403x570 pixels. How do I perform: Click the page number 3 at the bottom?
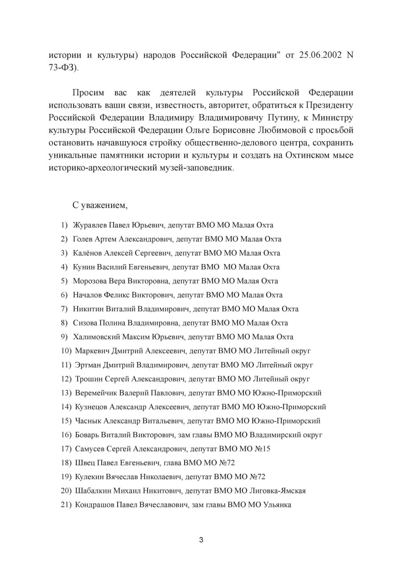tap(201, 540)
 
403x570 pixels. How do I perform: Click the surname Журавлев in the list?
tap(90, 225)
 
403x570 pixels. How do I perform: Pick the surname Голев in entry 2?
tap(83, 239)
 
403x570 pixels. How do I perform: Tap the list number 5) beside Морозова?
tap(64, 281)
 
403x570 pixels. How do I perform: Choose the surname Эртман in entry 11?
tap(88, 365)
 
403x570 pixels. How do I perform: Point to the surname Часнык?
tap(88, 421)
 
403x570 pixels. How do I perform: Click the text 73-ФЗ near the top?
tap(63, 68)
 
